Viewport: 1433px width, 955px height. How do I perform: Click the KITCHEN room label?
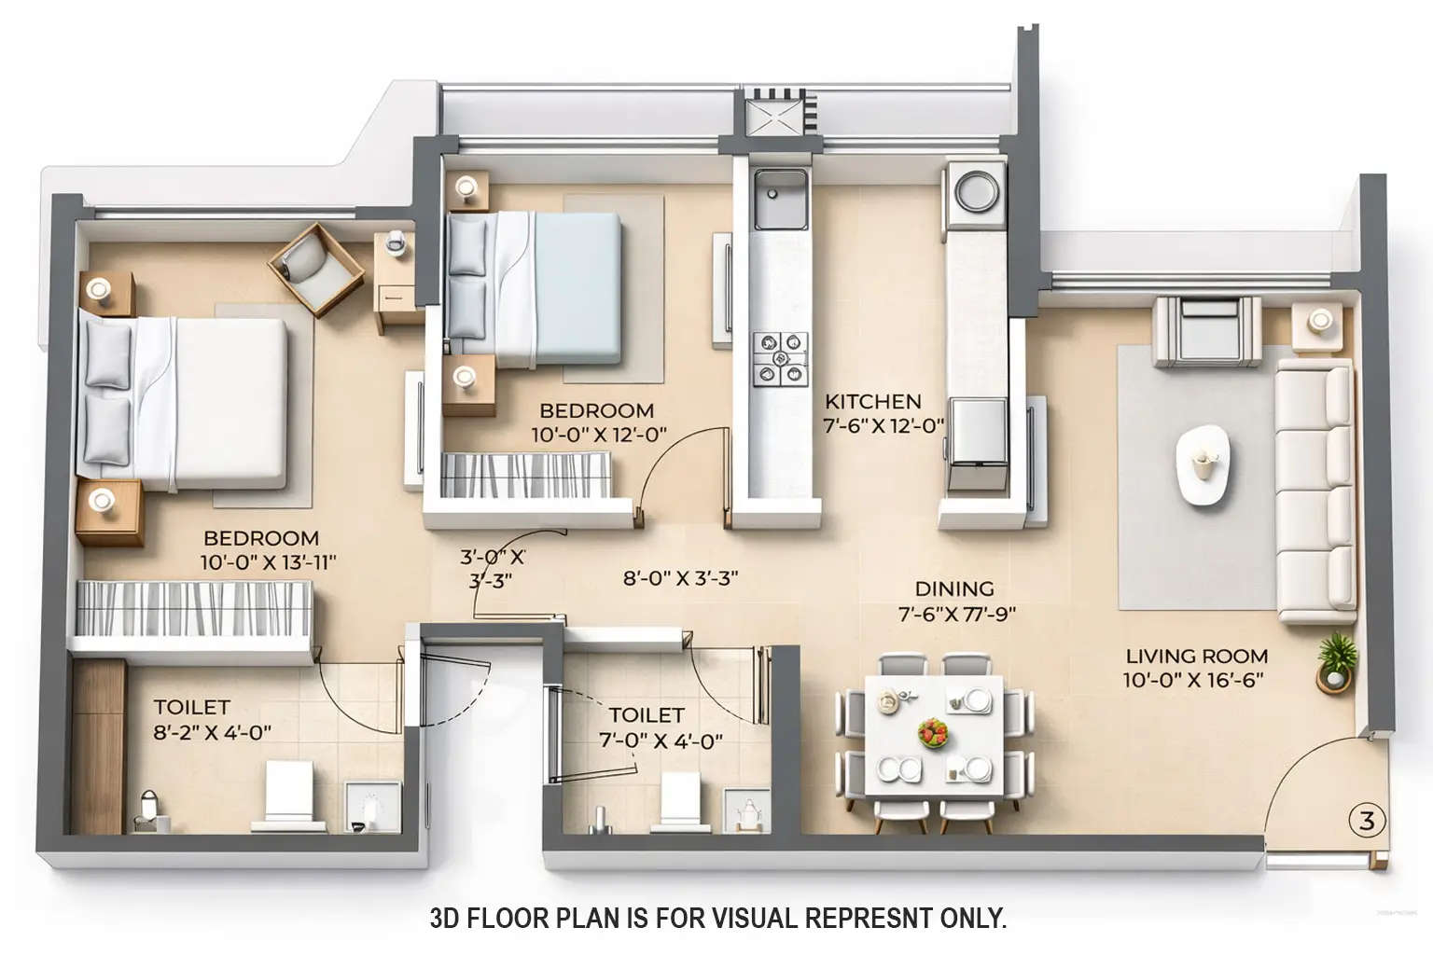click(873, 402)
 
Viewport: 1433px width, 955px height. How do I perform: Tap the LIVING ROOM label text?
click(1196, 657)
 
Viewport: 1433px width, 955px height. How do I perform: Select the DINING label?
click(953, 589)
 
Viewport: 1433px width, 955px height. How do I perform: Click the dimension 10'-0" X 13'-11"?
click(268, 562)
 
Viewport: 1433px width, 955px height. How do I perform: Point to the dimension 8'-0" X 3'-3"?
click(680, 578)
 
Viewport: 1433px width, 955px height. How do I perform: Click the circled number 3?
click(1367, 822)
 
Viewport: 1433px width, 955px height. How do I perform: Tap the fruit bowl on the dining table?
click(933, 732)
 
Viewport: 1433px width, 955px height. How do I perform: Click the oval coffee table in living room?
click(1203, 464)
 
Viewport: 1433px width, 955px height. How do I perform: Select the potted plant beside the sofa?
click(1336, 660)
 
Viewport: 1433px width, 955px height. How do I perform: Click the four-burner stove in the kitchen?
click(780, 359)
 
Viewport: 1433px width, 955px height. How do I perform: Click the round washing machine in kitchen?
click(977, 191)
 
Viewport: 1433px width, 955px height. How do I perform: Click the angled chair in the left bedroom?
click(315, 269)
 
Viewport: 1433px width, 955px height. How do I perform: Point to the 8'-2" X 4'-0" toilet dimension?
click(212, 733)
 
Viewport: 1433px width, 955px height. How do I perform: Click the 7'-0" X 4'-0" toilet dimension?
click(661, 742)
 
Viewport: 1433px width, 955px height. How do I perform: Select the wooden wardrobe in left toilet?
click(98, 746)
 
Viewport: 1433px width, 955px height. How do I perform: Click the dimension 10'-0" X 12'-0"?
click(598, 435)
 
